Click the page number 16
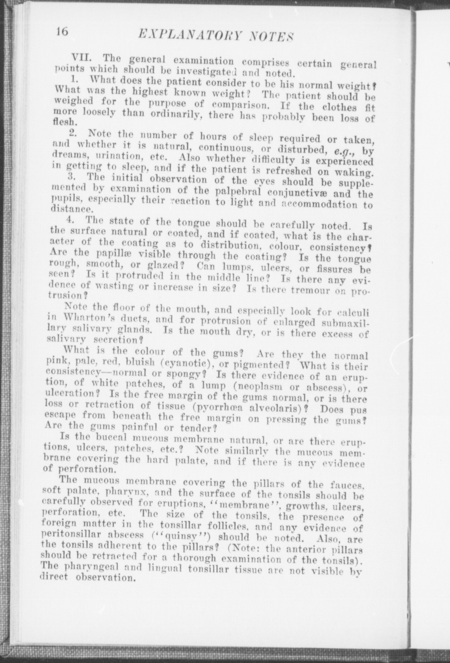63,32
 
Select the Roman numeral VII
81,57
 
